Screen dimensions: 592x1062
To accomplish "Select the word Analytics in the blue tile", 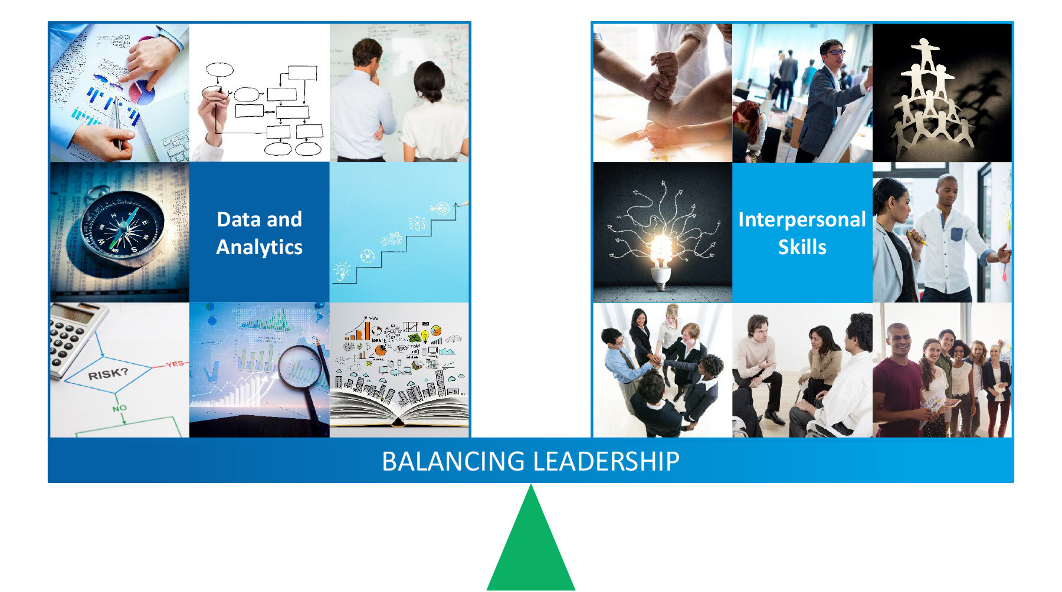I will pyautogui.click(x=259, y=247).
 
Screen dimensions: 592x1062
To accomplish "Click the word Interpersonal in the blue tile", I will pyautogui.click(x=802, y=219).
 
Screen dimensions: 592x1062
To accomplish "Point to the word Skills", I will pyautogui.click(x=802, y=247).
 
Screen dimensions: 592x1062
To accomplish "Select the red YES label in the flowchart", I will pyautogui.click(x=175, y=364).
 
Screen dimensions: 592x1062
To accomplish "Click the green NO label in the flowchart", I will pyautogui.click(x=119, y=408).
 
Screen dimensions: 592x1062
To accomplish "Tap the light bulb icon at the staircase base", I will pyautogui.click(x=342, y=271).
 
